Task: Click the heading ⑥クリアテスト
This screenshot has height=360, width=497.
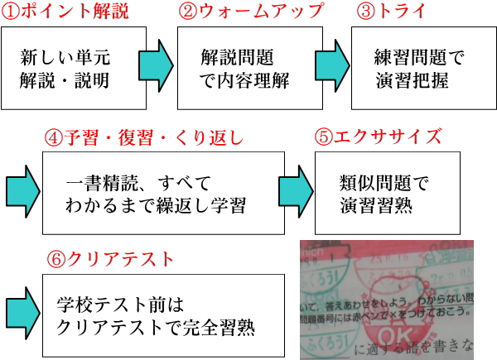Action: pos(111,259)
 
